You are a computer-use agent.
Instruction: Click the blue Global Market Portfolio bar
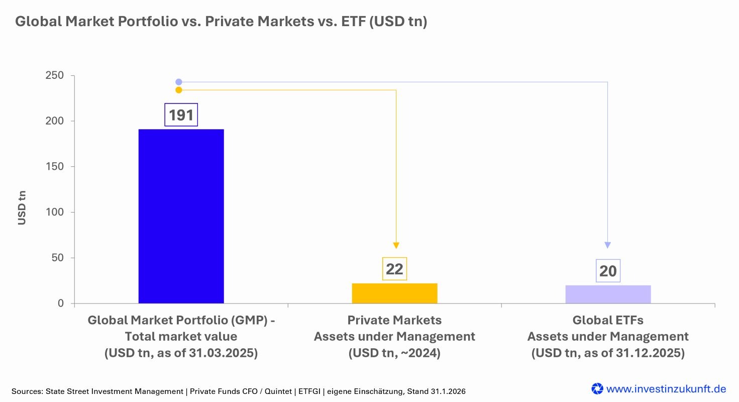(181, 216)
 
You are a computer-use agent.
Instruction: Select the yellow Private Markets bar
(394, 293)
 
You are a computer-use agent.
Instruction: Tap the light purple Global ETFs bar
(608, 294)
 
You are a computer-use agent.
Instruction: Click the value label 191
(181, 115)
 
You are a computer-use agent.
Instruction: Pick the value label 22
(394, 269)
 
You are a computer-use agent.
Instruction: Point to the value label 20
(608, 271)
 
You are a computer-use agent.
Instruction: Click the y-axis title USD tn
(22, 207)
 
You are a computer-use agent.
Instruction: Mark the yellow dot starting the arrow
(179, 90)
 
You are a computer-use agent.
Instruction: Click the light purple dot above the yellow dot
(179, 82)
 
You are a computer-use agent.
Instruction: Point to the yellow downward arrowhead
(396, 245)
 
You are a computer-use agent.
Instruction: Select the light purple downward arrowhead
(607, 245)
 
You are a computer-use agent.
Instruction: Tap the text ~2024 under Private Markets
(420, 353)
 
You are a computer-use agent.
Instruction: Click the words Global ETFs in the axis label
(608, 320)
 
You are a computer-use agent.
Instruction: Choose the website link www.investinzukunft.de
(666, 388)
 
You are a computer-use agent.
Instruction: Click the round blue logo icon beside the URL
(597, 388)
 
